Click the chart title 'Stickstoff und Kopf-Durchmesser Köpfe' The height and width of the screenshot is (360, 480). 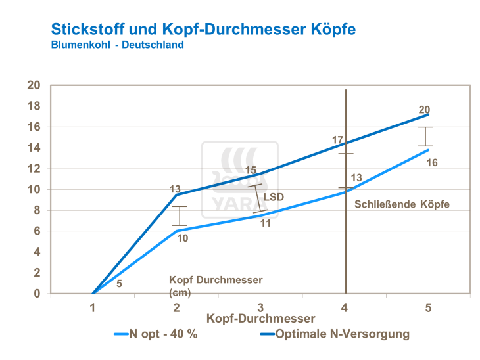(x=204, y=30)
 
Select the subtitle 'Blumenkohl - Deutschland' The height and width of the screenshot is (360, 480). (x=117, y=45)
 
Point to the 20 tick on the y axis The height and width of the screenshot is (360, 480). (x=34, y=85)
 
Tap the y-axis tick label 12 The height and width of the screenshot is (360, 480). (x=34, y=169)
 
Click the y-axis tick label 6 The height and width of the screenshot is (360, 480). (x=37, y=231)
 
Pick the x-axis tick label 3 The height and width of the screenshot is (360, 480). (x=261, y=307)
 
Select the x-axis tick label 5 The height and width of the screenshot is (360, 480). (x=428, y=307)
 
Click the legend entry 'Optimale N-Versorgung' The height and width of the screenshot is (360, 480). (x=343, y=334)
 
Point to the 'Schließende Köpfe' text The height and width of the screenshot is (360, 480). (x=402, y=204)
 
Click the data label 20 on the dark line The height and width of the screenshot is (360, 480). (x=425, y=110)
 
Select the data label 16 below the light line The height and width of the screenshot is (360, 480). (x=432, y=162)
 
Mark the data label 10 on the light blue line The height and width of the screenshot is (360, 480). (x=183, y=238)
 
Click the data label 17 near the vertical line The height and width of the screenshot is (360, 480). (x=338, y=140)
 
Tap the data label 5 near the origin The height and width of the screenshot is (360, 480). (x=119, y=284)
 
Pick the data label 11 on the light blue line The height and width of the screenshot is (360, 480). (x=266, y=223)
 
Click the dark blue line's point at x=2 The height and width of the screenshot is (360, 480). (x=177, y=194)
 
